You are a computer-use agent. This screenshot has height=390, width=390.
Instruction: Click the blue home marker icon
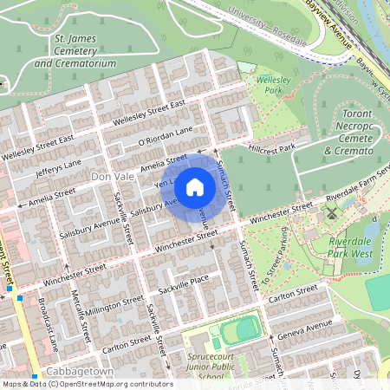[x=195, y=187]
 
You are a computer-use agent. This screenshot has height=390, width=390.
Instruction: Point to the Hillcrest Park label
[x=272, y=148]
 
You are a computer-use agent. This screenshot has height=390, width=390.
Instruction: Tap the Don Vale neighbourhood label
[x=112, y=176]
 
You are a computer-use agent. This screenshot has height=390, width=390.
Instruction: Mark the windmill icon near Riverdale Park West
[x=329, y=211]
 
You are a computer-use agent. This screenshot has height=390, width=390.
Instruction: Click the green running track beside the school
[x=238, y=329]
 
